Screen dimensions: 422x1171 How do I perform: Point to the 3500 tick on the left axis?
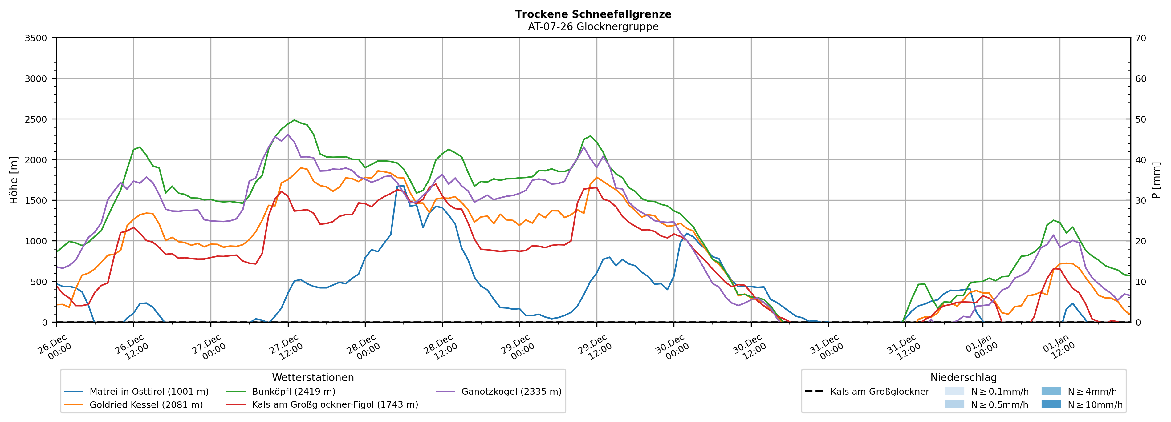click(x=36, y=38)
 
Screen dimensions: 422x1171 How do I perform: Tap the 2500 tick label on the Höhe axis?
click(x=36, y=119)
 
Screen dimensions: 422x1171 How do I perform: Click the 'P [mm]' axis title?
click(x=1157, y=180)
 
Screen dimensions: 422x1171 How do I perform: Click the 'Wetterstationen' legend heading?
click(x=313, y=377)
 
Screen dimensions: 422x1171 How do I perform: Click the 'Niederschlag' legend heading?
click(x=963, y=377)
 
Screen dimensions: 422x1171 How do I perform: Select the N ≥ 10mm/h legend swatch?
click(x=1051, y=404)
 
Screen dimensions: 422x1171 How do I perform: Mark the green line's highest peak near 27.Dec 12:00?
click(x=294, y=120)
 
